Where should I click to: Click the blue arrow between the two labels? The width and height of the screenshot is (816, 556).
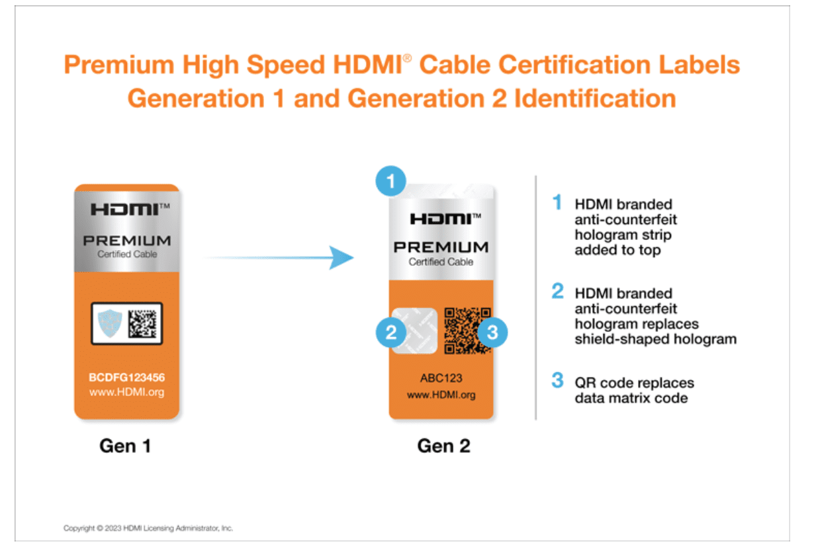pos(279,258)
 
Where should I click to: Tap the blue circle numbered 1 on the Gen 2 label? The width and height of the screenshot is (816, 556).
pos(391,181)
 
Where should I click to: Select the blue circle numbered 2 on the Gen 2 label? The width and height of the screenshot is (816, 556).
pos(391,333)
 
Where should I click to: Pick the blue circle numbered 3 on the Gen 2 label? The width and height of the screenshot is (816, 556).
pos(492,333)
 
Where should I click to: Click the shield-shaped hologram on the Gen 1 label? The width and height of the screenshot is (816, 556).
pos(110,323)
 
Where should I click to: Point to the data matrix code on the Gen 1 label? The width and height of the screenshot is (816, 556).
pos(142,323)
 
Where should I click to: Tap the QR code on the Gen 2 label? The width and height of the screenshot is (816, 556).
pos(467,331)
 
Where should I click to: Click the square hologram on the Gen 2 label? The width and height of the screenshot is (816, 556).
pos(414,331)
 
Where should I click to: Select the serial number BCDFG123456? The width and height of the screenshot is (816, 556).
pos(127,377)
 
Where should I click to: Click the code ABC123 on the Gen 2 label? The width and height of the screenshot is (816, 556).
pos(441,378)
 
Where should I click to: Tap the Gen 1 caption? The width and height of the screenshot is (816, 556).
pos(125,446)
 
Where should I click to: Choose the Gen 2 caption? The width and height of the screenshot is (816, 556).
pos(443,446)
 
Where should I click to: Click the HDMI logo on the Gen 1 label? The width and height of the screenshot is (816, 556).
pos(130,209)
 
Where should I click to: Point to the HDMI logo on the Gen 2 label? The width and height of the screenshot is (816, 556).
pos(445,219)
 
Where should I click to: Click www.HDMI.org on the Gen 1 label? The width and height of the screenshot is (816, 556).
pos(127,392)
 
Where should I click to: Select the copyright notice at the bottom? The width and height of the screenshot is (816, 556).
pos(148,528)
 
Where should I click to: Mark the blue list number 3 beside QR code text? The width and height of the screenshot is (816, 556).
pos(557,380)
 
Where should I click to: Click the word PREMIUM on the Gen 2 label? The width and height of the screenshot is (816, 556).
pos(441,247)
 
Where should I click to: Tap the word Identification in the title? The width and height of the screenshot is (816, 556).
pos(595,99)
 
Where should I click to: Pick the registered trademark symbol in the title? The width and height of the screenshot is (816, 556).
pos(407,58)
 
